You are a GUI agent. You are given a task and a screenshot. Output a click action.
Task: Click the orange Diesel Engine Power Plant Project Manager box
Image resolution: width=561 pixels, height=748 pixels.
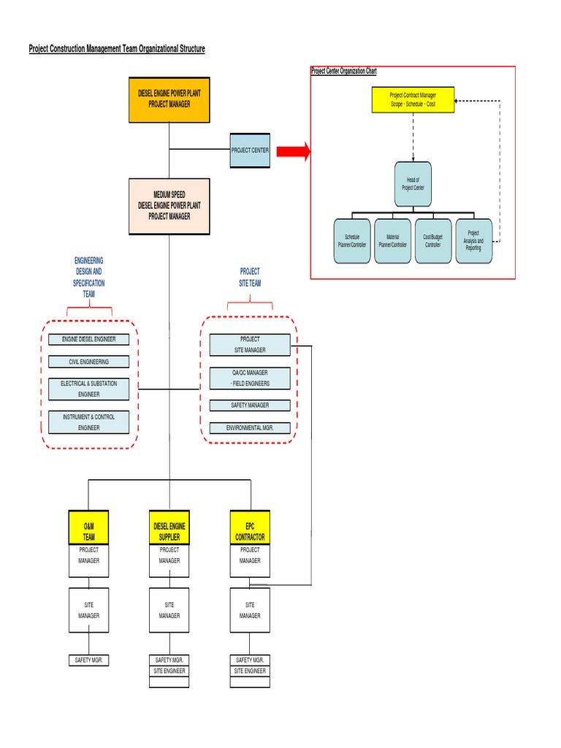pos(169,99)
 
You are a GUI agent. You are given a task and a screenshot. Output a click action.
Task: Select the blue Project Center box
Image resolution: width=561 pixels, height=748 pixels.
pos(250,150)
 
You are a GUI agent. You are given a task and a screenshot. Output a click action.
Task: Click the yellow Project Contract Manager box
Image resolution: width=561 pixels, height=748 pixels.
pos(413,100)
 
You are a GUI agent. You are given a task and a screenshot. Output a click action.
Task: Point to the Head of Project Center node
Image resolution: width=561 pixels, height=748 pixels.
pos(413,184)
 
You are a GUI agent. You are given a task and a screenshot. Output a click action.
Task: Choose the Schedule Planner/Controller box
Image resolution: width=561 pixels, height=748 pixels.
pos(352,241)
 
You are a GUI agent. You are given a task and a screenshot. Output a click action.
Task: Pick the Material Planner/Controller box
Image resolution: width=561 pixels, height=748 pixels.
pos(392,241)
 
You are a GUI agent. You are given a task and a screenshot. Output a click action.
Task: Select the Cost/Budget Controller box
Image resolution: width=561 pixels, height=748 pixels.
pos(432,241)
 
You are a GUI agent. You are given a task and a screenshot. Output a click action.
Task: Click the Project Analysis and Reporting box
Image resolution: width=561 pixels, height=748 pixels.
pos(473,241)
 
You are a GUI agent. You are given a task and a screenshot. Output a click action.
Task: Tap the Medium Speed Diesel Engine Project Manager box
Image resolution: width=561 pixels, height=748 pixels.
pos(169,206)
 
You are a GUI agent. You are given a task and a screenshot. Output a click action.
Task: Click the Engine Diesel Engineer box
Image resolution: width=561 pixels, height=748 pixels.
pos(89,339)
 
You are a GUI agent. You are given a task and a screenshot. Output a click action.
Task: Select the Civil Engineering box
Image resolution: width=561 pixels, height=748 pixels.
pos(89,362)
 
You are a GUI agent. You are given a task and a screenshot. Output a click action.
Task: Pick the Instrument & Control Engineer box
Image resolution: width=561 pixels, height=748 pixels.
pos(89,422)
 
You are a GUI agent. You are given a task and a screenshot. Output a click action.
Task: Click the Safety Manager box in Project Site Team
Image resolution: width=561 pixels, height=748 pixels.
pos(250,405)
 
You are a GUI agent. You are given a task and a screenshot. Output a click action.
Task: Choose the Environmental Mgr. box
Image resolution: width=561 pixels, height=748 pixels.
pos(250,428)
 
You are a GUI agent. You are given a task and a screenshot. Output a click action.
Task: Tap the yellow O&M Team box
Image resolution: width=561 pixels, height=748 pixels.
pos(89,527)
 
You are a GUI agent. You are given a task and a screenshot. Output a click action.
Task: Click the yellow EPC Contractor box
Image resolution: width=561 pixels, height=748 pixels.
pos(250,527)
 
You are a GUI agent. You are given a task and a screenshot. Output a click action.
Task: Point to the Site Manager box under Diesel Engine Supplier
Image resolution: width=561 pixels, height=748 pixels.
pos(169,610)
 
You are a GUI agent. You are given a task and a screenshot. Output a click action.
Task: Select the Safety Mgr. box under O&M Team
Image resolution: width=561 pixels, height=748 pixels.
pos(89,660)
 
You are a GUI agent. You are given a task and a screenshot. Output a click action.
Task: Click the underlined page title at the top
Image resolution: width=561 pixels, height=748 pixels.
pos(117,49)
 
